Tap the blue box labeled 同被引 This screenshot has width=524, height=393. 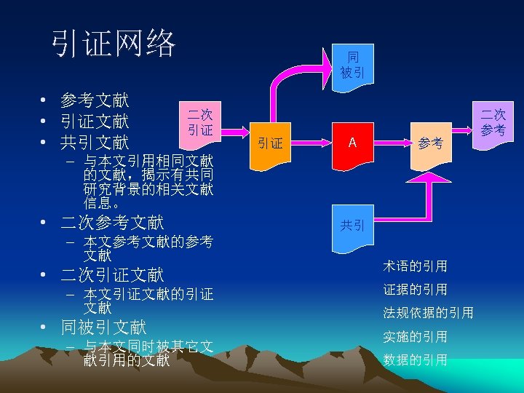coord(352,63)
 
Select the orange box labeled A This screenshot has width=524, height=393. coord(352,143)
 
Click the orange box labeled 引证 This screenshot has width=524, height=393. coord(271,143)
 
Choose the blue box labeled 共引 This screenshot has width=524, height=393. coord(352,225)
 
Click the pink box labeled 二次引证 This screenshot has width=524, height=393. coord(199,122)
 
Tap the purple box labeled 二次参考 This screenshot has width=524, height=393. coord(492,122)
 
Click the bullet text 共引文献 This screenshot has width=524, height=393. coord(95,141)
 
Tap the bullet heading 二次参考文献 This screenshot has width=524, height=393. coord(112,222)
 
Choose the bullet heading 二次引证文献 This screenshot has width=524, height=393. coord(112,274)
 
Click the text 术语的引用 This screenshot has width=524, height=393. coord(415,266)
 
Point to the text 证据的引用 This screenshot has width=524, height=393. coord(415,289)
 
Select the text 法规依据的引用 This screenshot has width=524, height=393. coord(428,313)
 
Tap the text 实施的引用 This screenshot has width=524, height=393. coord(415,336)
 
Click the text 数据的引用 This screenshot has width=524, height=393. coord(415,360)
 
